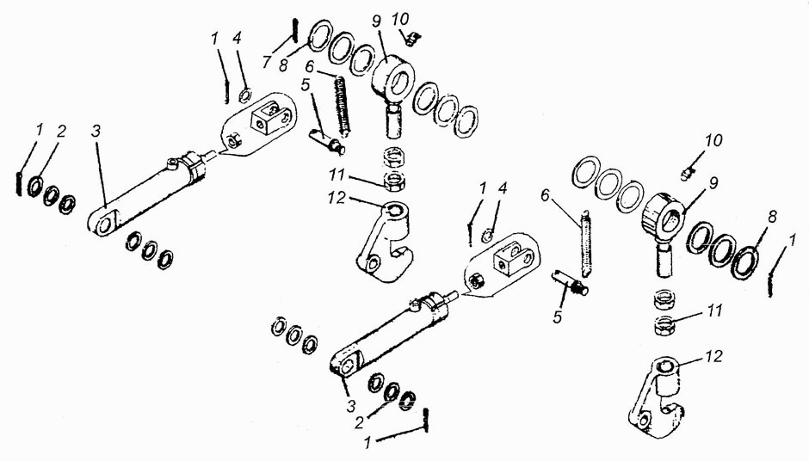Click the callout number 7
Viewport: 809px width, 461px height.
click(x=266, y=63)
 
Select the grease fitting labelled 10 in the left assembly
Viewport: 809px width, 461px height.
click(x=411, y=38)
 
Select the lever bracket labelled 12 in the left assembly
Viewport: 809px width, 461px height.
click(x=386, y=243)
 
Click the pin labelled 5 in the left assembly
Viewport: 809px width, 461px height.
click(x=327, y=141)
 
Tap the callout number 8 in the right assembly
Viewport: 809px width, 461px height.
click(x=772, y=216)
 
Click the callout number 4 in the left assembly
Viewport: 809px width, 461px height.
click(x=237, y=39)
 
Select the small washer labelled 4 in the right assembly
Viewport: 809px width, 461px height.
click(x=487, y=237)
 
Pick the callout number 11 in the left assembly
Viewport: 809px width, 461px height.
click(x=337, y=175)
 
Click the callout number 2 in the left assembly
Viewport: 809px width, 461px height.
click(x=61, y=131)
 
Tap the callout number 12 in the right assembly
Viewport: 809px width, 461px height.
click(x=714, y=356)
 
